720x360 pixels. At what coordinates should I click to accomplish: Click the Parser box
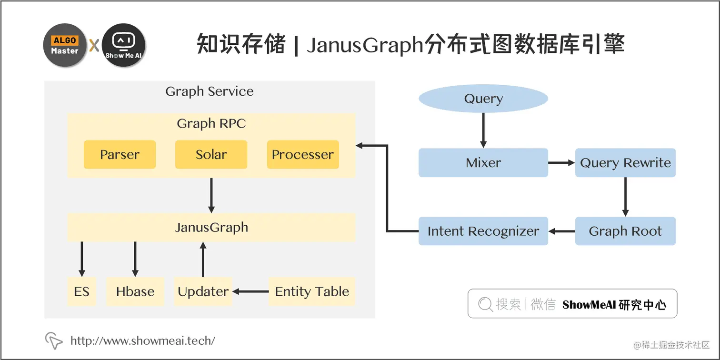(x=120, y=155)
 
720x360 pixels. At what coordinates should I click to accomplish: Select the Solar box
(x=211, y=155)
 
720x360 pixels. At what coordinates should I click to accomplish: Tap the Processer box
(x=302, y=155)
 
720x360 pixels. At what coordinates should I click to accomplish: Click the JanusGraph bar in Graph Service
(x=211, y=227)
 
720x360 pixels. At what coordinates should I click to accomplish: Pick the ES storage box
(x=81, y=291)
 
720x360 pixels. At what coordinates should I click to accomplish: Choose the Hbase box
(x=135, y=291)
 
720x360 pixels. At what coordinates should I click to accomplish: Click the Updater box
(x=203, y=291)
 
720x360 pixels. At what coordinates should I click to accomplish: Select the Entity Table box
(x=312, y=291)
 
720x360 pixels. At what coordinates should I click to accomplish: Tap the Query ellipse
(x=483, y=99)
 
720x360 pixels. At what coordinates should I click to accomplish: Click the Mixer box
(x=483, y=163)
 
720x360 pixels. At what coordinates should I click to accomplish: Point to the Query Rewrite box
(x=625, y=163)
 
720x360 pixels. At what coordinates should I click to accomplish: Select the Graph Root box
(x=625, y=231)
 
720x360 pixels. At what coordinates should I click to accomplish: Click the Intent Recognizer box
(x=483, y=231)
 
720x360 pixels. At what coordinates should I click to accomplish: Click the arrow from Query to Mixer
(x=483, y=130)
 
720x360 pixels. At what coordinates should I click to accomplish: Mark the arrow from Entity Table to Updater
(x=250, y=291)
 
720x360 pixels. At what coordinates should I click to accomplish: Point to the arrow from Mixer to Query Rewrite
(x=561, y=163)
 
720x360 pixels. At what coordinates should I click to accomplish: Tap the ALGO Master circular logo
(x=65, y=45)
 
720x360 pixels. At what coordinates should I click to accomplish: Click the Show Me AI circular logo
(x=123, y=45)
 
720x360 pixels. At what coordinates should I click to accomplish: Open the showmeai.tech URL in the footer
(x=142, y=340)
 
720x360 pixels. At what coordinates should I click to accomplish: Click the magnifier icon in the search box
(x=485, y=304)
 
